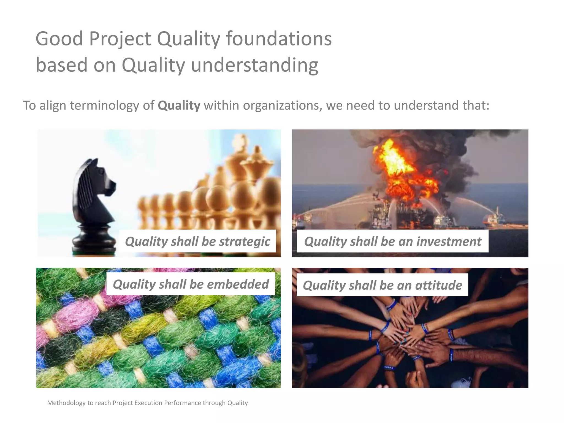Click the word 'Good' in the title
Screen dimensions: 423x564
59,39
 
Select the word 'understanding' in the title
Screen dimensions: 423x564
254,65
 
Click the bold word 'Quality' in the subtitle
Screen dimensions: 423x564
179,105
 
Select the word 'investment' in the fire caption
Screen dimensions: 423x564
449,242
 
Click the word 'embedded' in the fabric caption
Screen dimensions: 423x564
238,284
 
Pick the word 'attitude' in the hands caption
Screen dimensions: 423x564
438,285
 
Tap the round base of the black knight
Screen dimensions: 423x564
91,242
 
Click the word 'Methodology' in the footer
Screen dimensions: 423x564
66,403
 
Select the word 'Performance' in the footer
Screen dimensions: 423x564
183,403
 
